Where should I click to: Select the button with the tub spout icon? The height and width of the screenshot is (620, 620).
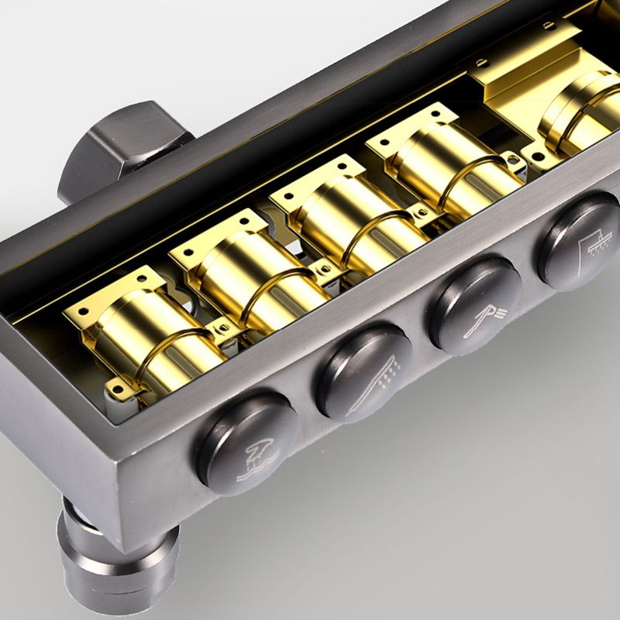tap(248, 443)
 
